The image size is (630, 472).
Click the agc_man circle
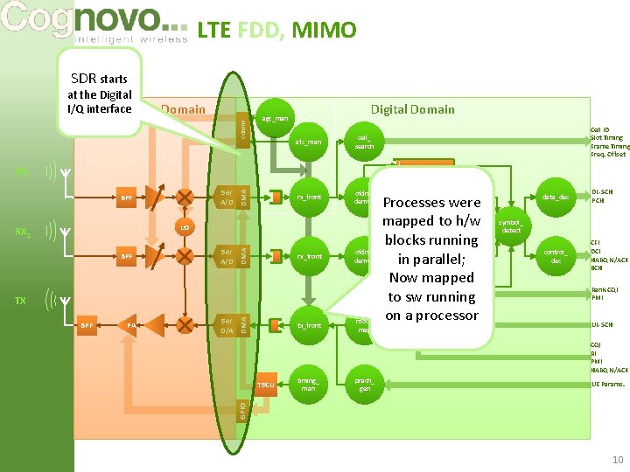pos(275,118)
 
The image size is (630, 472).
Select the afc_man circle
pos(308,141)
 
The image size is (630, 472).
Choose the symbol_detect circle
pos(512,226)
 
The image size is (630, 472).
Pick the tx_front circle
pos(308,325)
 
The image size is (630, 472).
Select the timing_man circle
pos(308,384)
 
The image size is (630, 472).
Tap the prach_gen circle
pos(364,384)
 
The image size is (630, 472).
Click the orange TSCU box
pos(266,385)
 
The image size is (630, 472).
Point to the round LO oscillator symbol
pos(185,227)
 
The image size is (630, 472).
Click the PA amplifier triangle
pos(132,325)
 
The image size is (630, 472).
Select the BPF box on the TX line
pos(87,325)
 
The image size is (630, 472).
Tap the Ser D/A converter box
pos(226,325)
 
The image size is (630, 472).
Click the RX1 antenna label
pos(23,171)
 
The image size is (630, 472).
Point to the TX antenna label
pos(21,300)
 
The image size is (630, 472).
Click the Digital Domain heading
pos(412,109)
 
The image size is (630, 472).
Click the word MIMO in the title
pos(324,31)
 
